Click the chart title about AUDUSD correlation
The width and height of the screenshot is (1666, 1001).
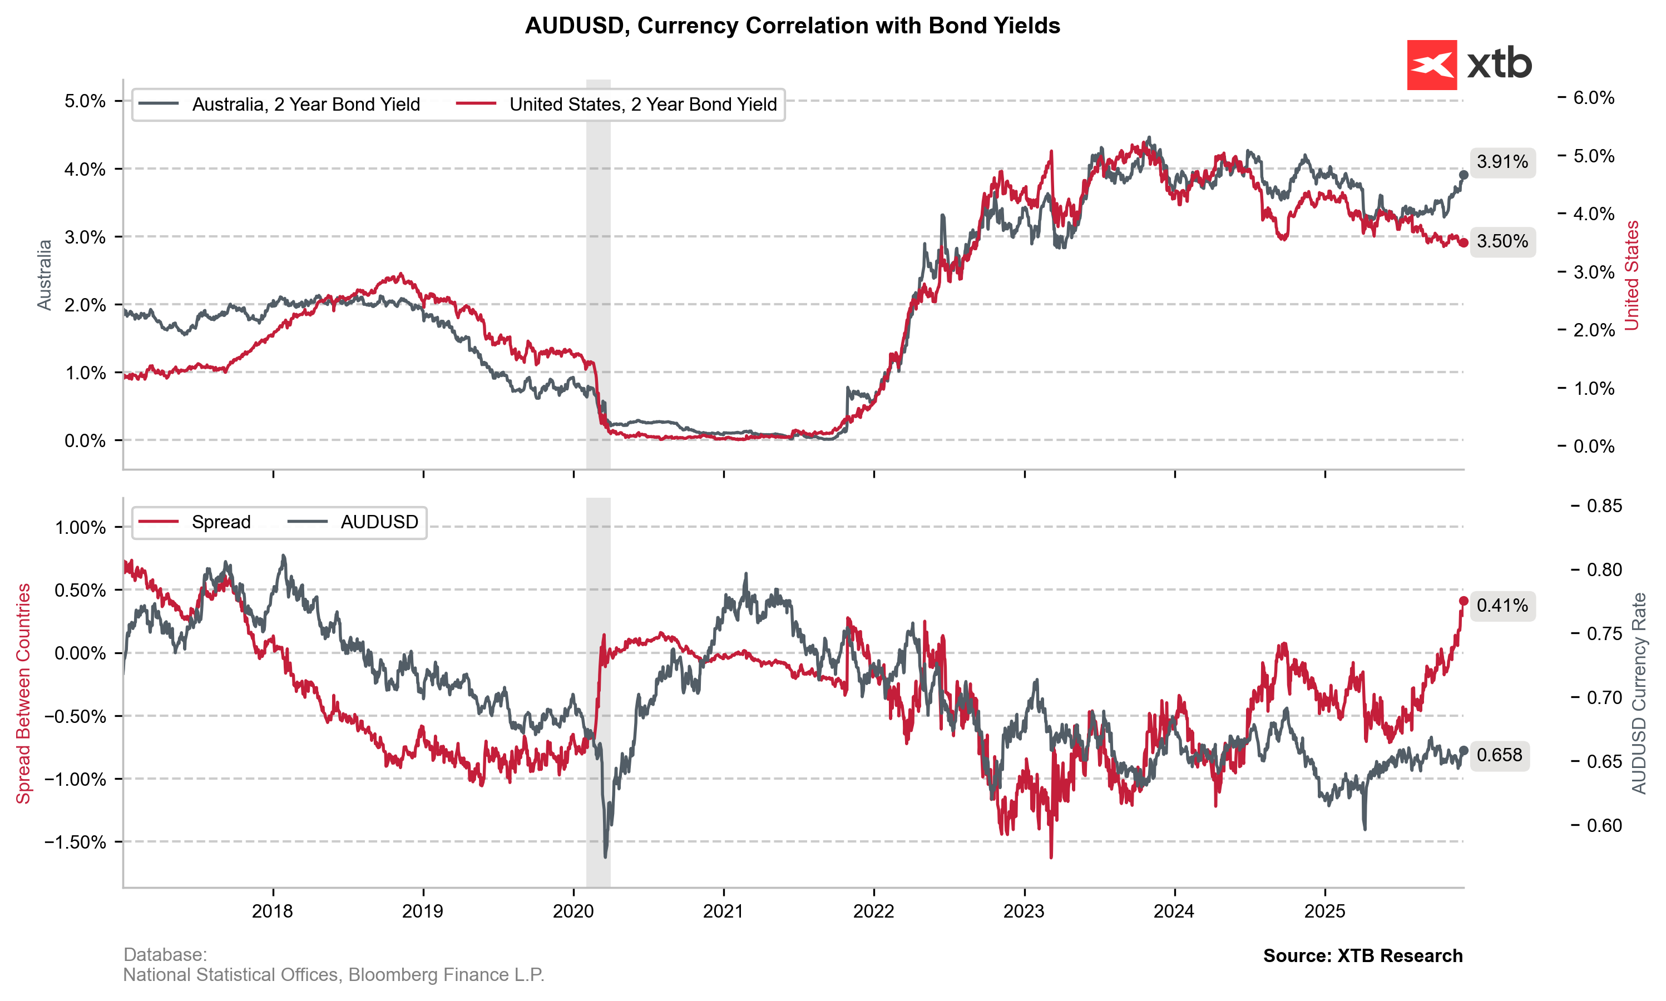pos(792,26)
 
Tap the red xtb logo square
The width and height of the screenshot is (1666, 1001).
pos(1431,65)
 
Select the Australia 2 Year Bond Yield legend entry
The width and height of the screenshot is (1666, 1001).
pos(278,105)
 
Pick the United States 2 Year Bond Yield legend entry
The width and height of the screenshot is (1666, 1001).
pos(616,105)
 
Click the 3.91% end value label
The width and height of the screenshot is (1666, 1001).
pos(1501,162)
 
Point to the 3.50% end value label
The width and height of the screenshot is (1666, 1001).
pos(1501,241)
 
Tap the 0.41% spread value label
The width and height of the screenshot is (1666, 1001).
pos(1501,606)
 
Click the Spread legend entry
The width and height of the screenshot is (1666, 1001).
pos(194,522)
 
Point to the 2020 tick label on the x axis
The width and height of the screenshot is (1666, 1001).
pos(574,911)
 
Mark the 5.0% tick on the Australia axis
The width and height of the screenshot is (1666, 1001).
pos(85,101)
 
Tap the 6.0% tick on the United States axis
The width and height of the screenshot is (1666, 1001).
pos(1593,98)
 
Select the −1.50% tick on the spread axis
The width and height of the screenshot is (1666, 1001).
pos(76,842)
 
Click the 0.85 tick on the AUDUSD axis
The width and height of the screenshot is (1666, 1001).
pos(1604,506)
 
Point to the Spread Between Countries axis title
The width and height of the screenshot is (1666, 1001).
pos(23,693)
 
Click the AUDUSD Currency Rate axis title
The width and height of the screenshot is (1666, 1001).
pos(1639,693)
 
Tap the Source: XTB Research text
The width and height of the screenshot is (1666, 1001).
pos(1362,956)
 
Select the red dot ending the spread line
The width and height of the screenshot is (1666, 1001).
pos(1464,601)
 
